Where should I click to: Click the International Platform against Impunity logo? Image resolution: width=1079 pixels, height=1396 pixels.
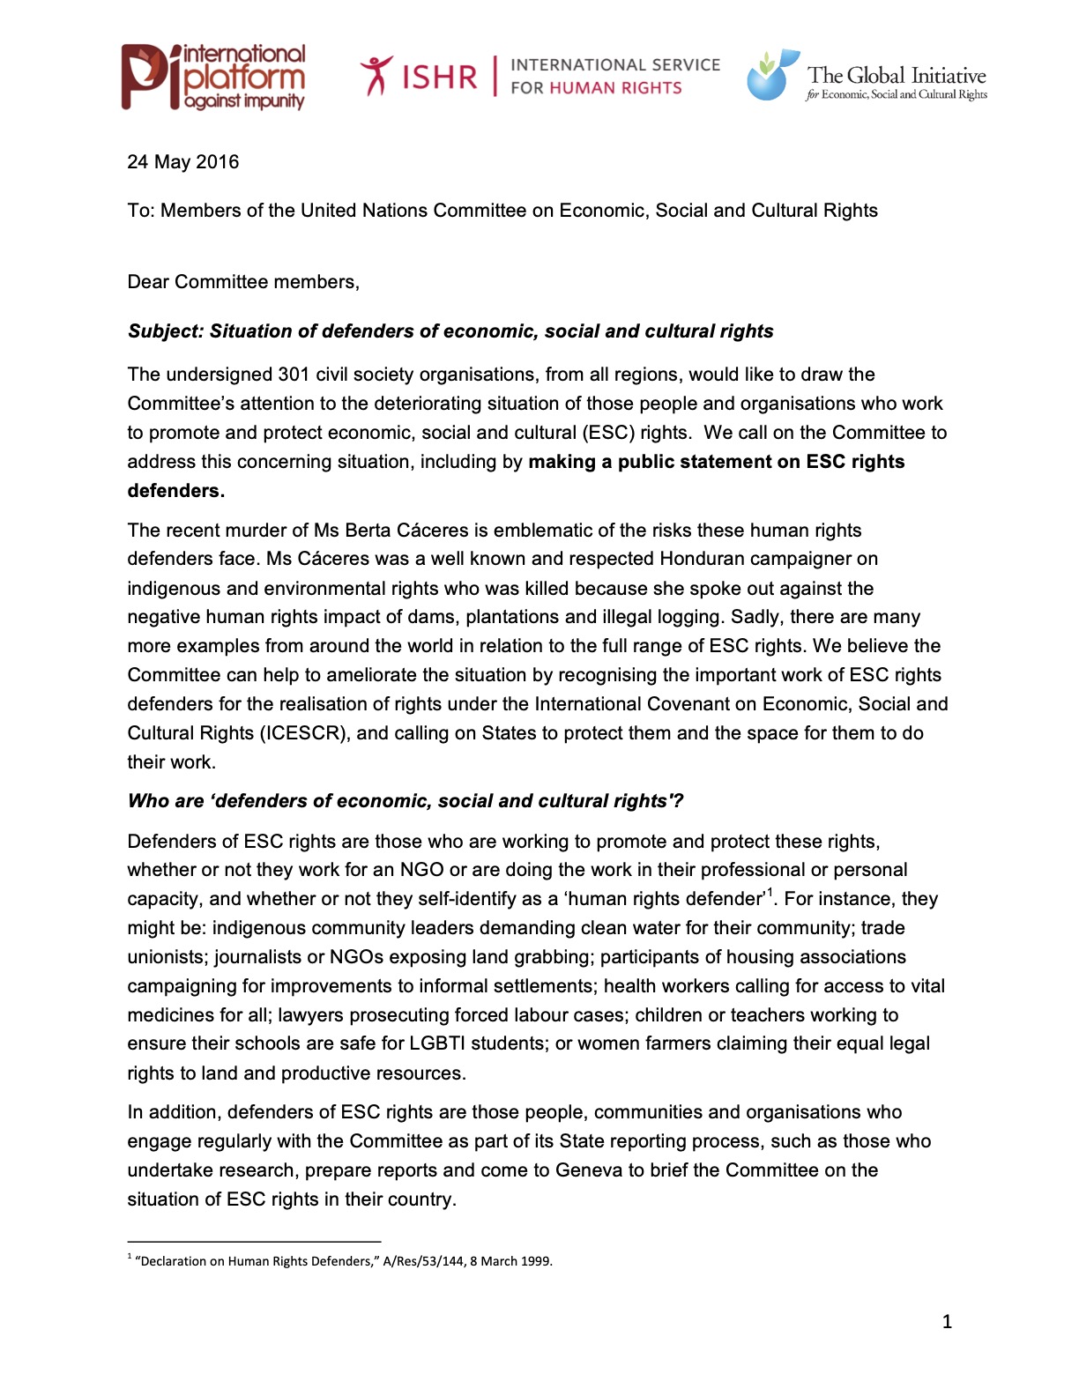point(213,78)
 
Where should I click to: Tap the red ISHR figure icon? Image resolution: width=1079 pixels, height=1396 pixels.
point(376,75)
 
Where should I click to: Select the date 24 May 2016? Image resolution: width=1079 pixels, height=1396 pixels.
point(183,162)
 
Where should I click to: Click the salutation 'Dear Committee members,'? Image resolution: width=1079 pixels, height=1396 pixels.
point(243,282)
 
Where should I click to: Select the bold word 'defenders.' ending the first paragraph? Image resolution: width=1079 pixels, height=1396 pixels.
point(176,491)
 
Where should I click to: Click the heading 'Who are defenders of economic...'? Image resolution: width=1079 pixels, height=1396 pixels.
point(406,801)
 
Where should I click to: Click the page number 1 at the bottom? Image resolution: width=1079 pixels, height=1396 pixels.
point(947,1321)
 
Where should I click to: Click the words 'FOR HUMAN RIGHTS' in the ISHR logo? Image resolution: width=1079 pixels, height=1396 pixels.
point(596,88)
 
